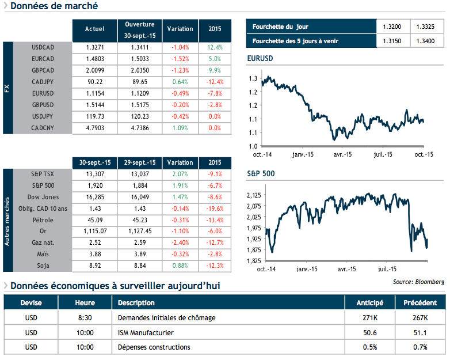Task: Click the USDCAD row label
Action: pyautogui.click(x=43, y=47)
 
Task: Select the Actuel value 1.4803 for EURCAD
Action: pyautogui.click(x=94, y=58)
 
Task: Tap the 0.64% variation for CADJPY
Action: pyautogui.click(x=180, y=81)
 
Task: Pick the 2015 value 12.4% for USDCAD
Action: pyautogui.click(x=215, y=47)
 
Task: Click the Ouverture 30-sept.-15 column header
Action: pyautogui.click(x=139, y=29)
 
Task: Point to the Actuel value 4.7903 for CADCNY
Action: pyautogui.click(x=94, y=127)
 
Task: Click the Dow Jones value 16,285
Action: pyautogui.click(x=94, y=196)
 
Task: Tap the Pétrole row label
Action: pyautogui.click(x=44, y=219)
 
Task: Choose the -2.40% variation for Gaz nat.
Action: pyautogui.click(x=180, y=242)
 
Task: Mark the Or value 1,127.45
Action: pyautogui.click(x=139, y=231)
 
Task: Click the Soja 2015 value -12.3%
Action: pyautogui.click(x=215, y=266)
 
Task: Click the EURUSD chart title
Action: pyautogui.click(x=260, y=59)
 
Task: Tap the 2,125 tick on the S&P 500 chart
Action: pyautogui.click(x=254, y=196)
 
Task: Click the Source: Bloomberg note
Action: pyautogui.click(x=418, y=282)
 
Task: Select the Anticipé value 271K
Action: pyautogui.click(x=367, y=318)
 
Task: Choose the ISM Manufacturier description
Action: pyautogui.click(x=146, y=332)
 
